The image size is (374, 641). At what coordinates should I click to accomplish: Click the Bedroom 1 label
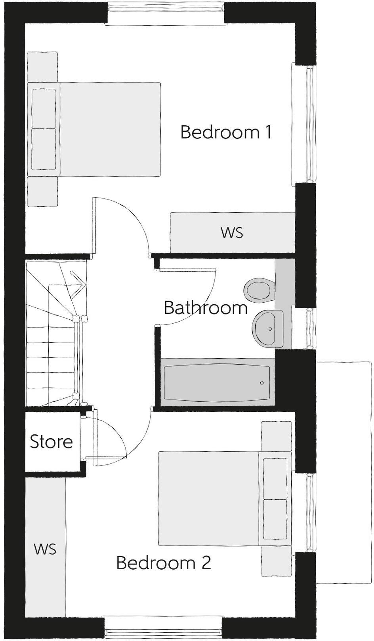[x=226, y=132]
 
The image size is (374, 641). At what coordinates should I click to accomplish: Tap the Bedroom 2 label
[x=163, y=562]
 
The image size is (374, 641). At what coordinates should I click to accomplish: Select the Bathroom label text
[x=206, y=308]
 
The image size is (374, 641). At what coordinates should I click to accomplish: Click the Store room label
[x=52, y=442]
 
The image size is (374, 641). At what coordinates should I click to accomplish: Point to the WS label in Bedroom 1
[x=232, y=233]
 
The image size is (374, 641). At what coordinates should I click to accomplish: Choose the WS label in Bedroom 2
[x=45, y=549]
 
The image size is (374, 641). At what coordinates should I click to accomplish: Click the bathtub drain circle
[x=262, y=383]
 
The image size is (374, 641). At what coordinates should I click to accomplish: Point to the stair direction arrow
[x=77, y=282]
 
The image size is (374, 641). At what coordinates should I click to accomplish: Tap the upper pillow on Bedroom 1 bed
[x=44, y=108]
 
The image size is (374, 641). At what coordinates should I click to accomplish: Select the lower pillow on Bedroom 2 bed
[x=275, y=519]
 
